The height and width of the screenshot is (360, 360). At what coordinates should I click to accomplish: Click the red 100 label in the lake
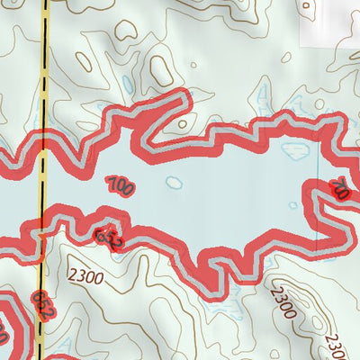tap(119, 186)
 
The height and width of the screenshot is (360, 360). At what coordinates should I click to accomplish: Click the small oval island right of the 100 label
tap(174, 183)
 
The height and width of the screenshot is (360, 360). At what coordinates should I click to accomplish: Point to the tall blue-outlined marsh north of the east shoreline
tap(264, 99)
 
